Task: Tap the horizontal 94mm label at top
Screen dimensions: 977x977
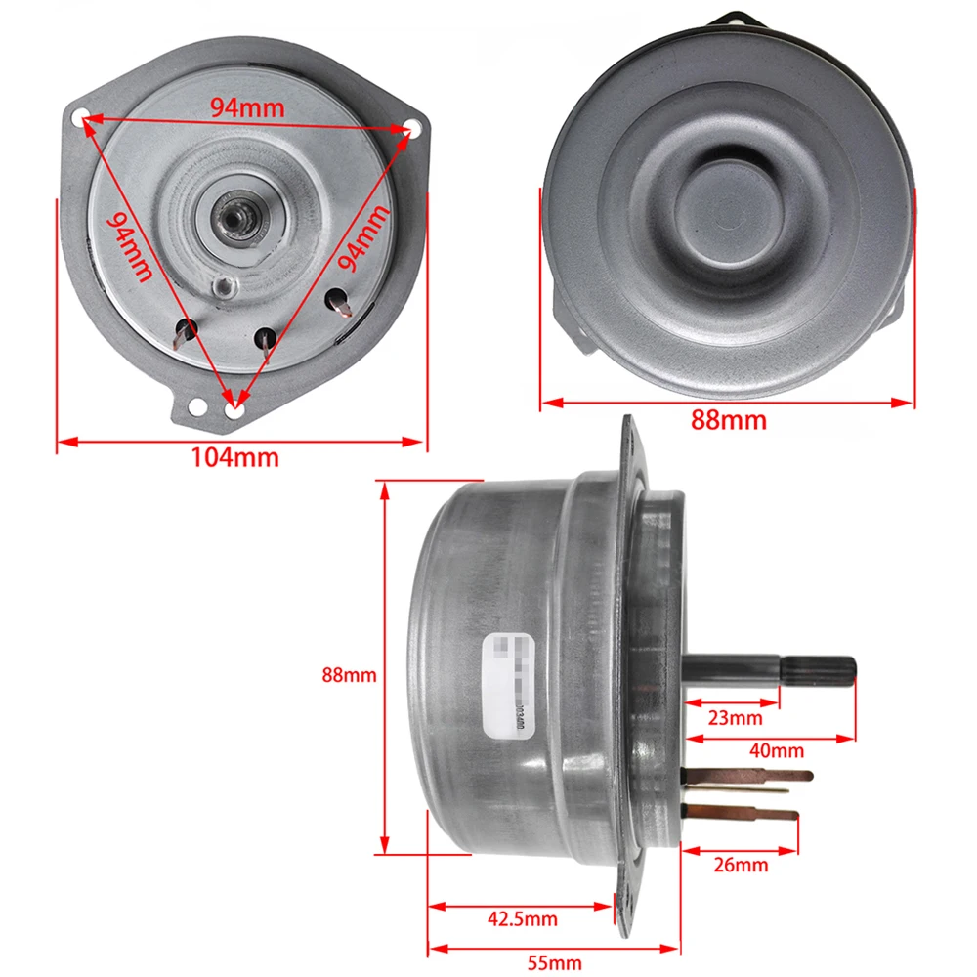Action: (247, 107)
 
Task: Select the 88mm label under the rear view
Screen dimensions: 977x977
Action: (728, 421)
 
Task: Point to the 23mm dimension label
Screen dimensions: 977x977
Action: (735, 719)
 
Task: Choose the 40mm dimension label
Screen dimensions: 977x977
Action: (778, 750)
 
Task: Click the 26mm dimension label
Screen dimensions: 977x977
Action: (740, 865)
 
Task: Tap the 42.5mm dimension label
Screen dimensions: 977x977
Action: (522, 918)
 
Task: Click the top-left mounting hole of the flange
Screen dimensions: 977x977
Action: (83, 114)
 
